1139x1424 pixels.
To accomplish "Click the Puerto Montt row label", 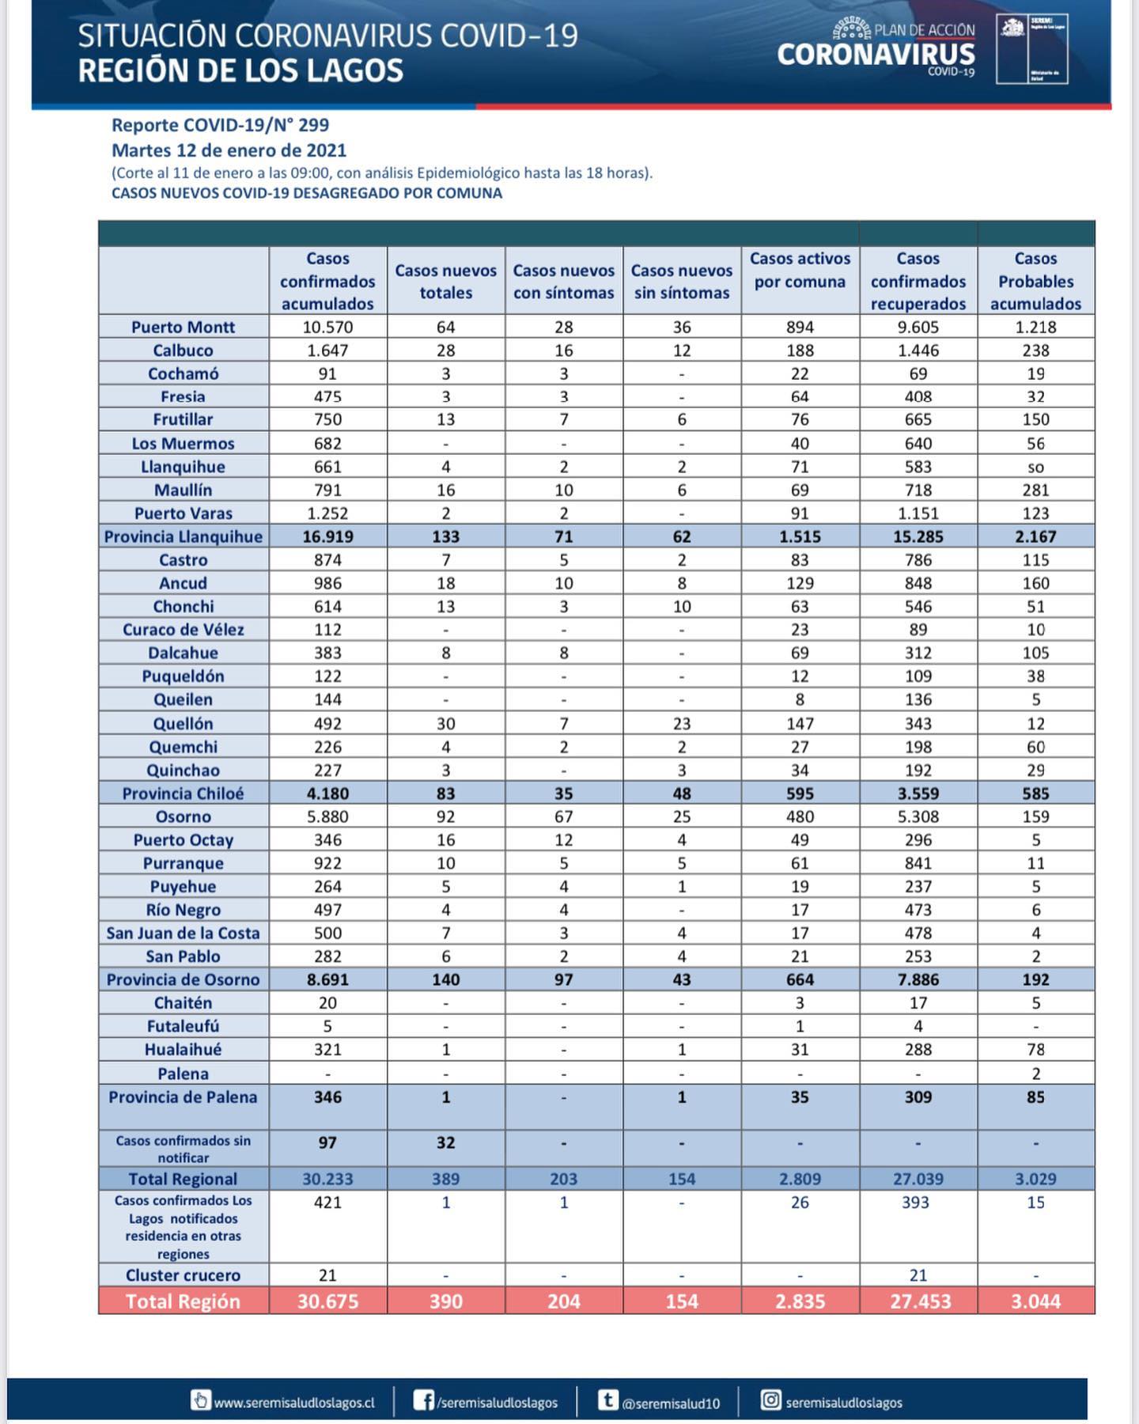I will tap(183, 327).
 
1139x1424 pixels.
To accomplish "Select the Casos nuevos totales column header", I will tap(445, 282).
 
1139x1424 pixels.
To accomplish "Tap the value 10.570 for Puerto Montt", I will tap(327, 327).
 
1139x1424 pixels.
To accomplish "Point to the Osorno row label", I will tap(183, 816).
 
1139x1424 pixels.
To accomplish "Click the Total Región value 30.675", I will tap(327, 1301).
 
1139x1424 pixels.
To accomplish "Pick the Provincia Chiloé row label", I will tap(183, 793).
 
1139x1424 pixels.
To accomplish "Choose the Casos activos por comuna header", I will tap(800, 270).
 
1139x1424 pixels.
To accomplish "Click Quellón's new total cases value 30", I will tap(445, 723).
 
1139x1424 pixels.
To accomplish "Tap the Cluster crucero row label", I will tap(183, 1275).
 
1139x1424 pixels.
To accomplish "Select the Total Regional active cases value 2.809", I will tap(800, 1179).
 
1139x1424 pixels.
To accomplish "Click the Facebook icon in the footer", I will tap(424, 1401).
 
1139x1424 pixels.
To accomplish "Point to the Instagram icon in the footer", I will tap(770, 1400).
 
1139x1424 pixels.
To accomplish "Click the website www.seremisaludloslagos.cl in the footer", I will tap(293, 1403).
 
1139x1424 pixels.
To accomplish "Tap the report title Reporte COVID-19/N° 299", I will tap(220, 125).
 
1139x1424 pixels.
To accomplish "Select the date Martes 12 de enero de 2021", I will tap(229, 150).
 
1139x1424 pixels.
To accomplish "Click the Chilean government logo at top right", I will tap(1031, 49).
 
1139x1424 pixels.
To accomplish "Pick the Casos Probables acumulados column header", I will tap(1035, 282).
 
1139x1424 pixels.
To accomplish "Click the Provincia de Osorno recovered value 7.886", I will tap(918, 979).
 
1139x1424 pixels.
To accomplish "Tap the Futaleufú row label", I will tap(183, 1026).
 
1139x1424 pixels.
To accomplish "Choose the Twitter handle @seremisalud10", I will tap(671, 1403).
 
